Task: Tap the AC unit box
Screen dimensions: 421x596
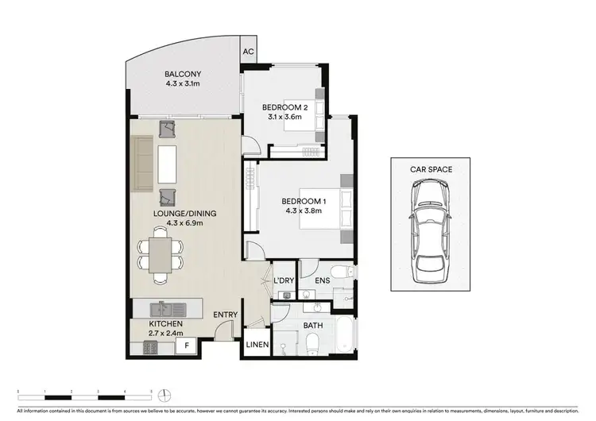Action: pyautogui.click(x=248, y=52)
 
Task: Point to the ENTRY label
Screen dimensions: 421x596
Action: pyautogui.click(x=225, y=315)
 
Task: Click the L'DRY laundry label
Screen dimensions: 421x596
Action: pyautogui.click(x=284, y=280)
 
